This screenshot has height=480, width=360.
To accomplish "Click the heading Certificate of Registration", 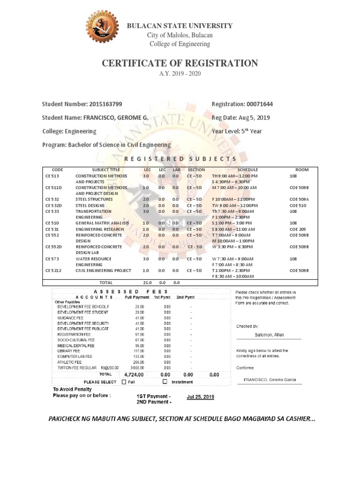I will click(180, 63).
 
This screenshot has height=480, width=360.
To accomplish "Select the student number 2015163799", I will click(106, 104).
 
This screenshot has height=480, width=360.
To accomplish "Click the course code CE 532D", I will click(55, 205).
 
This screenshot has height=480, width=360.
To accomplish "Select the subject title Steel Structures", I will click(94, 199).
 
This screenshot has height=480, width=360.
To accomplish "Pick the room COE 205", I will click(297, 229).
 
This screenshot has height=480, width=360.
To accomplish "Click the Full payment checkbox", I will click(124, 382).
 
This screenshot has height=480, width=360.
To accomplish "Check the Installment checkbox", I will click(165, 382).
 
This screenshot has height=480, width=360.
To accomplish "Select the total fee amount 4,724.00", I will click(134, 375).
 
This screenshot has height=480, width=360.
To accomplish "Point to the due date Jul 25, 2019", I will click(200, 397).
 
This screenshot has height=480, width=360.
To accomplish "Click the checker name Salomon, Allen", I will click(269, 335).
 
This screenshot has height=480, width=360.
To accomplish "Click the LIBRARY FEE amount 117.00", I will click(138, 351).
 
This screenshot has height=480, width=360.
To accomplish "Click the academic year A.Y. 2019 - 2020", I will click(180, 75).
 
